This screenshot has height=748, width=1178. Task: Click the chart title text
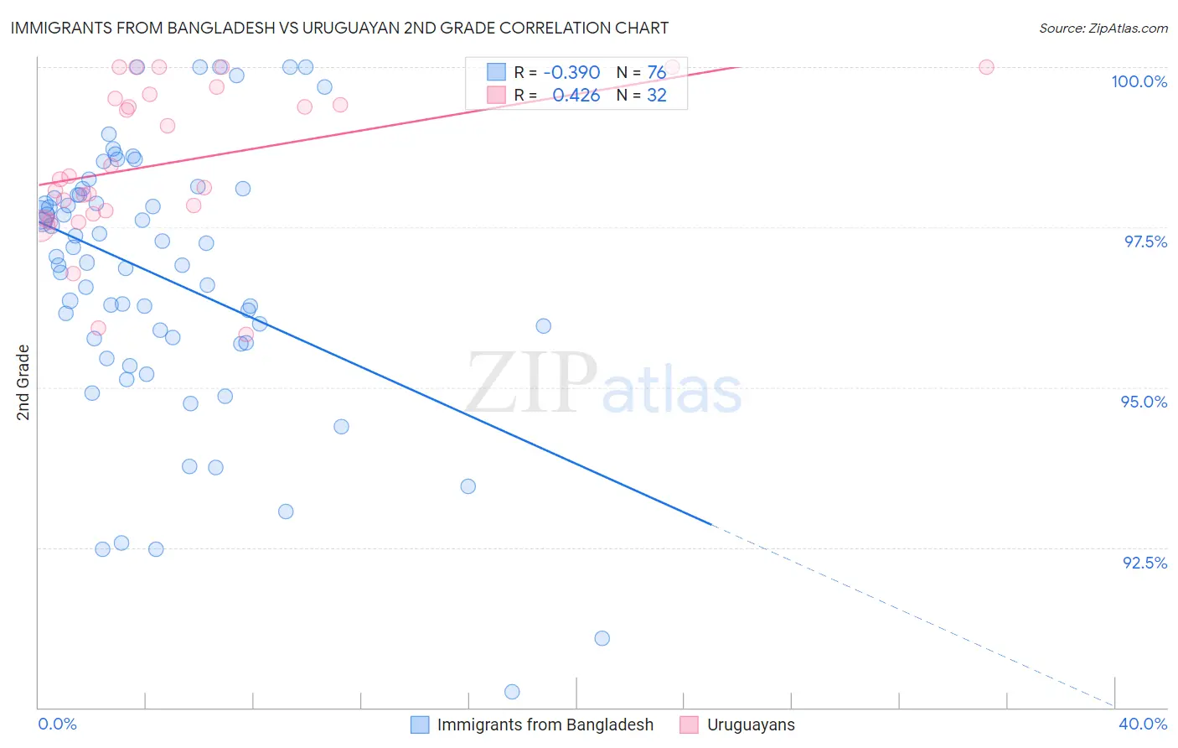pyautogui.click(x=338, y=28)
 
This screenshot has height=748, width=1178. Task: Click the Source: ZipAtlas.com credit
pyautogui.click(x=1103, y=28)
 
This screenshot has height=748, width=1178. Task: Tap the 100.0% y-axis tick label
pyautogui.click(x=1139, y=81)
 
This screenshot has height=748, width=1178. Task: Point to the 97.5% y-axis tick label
pyautogui.click(x=1145, y=242)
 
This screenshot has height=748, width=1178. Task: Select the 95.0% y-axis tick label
pyautogui.click(x=1144, y=402)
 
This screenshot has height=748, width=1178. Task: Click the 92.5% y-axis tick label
pyautogui.click(x=1144, y=563)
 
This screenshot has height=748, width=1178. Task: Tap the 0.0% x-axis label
pyautogui.click(x=57, y=724)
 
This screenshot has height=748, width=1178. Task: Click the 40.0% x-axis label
pyautogui.click(x=1143, y=724)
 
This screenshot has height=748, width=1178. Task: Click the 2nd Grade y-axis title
pyautogui.click(x=23, y=382)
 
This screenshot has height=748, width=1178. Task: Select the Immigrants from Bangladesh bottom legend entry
pyautogui.click(x=545, y=725)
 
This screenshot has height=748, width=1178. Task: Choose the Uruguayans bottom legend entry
pyautogui.click(x=751, y=725)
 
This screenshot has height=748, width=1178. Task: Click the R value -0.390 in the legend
pyautogui.click(x=571, y=73)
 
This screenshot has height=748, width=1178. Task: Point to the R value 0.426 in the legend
pyautogui.click(x=576, y=96)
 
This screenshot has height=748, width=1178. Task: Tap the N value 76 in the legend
pyautogui.click(x=657, y=73)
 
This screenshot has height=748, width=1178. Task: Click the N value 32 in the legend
pyautogui.click(x=657, y=96)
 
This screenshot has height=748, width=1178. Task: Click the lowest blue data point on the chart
pyautogui.click(x=512, y=692)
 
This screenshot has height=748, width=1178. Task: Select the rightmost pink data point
pyautogui.click(x=986, y=67)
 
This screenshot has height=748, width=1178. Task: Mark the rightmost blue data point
pyautogui.click(x=602, y=638)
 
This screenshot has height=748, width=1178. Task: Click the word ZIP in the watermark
pyautogui.click(x=531, y=383)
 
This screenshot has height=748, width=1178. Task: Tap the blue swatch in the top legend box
pyautogui.click(x=497, y=72)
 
